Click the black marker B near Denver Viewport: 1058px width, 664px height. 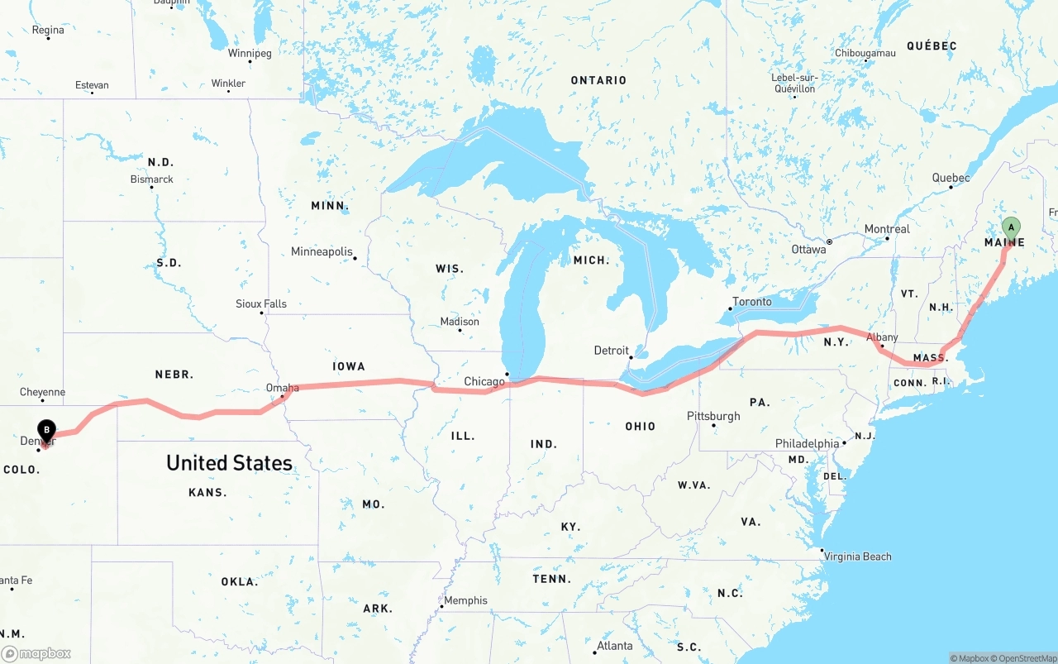tap(47, 430)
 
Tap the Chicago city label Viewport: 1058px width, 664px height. tap(484, 381)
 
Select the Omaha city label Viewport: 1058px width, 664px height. tap(282, 387)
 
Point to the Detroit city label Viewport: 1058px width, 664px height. tap(611, 351)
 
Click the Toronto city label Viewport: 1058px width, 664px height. tap(751, 302)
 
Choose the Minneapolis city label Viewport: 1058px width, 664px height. tap(322, 251)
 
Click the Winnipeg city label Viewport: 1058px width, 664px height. tap(250, 54)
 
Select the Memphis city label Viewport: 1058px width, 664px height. tap(465, 600)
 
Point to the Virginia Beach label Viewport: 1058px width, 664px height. tap(857, 557)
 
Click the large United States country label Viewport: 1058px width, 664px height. tap(229, 463)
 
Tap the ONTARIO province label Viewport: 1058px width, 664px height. tap(598, 80)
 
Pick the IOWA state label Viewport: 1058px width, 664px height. tap(349, 366)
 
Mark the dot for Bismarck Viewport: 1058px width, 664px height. tap(152, 187)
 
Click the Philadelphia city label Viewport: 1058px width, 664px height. tap(807, 444)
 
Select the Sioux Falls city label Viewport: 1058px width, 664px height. tap(261, 303)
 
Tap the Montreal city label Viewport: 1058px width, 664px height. tap(887, 229)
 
